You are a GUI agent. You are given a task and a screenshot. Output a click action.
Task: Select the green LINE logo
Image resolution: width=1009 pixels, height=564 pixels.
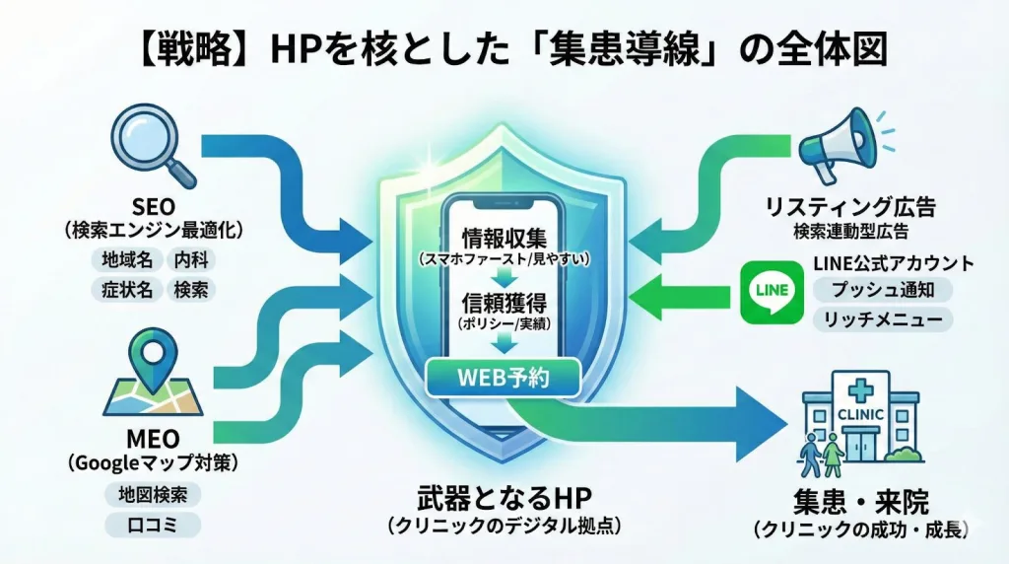(x=770, y=291)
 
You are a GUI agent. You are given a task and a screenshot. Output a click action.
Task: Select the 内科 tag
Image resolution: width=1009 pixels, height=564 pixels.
(x=193, y=260)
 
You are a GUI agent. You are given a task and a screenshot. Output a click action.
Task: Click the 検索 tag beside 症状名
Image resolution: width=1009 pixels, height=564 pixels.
(x=193, y=291)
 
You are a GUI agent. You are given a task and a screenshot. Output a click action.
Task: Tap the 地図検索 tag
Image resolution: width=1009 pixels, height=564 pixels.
(x=152, y=493)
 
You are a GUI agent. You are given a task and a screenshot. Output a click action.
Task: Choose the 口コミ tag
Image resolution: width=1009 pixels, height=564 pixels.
(x=152, y=524)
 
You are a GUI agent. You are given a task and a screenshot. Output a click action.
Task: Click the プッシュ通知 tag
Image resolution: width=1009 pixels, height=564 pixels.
(x=882, y=290)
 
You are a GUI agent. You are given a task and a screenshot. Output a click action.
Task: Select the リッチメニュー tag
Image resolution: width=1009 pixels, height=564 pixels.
(x=882, y=319)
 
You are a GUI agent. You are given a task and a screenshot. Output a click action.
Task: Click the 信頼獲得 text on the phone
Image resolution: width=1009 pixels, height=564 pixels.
(x=504, y=302)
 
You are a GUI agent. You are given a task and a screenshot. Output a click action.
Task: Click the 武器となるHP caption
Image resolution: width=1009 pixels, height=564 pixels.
(x=504, y=500)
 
